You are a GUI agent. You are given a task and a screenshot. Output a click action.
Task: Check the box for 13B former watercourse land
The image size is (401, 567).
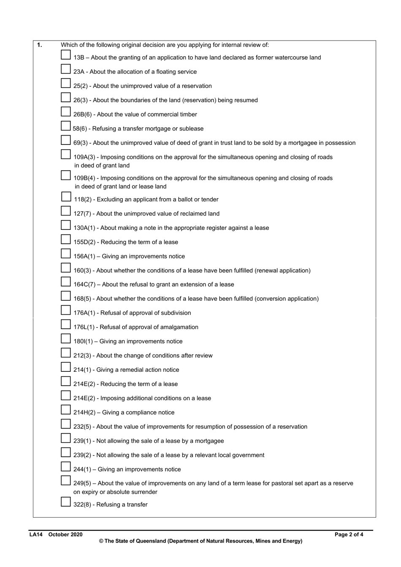pyautogui.click(x=65, y=55)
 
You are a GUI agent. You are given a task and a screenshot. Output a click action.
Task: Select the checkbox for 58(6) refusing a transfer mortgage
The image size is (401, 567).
pyautogui.click(x=65, y=126)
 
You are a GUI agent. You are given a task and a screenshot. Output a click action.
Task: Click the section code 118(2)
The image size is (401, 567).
pyautogui.click(x=83, y=199)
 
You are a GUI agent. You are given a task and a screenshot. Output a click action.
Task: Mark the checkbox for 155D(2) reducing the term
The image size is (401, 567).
pyautogui.click(x=65, y=240)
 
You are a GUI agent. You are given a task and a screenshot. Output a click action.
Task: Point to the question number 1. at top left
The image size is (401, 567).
pyautogui.click(x=39, y=45)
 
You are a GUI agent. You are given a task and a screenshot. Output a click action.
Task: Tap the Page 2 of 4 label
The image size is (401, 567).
pyautogui.click(x=349, y=534)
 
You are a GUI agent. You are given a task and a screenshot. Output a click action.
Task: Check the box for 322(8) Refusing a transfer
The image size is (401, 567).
pyautogui.click(x=65, y=502)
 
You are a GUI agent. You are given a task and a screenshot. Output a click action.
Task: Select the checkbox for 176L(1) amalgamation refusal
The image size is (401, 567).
pyautogui.click(x=65, y=324)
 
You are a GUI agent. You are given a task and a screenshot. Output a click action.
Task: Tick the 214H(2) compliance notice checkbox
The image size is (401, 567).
pyautogui.click(x=65, y=410)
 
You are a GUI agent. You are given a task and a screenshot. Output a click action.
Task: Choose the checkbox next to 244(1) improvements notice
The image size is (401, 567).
pyautogui.click(x=65, y=467)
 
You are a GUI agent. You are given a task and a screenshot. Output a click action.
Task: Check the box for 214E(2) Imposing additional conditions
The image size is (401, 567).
pyautogui.click(x=65, y=395)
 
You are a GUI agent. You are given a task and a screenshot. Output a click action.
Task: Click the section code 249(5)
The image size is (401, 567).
pyautogui.click(x=82, y=483)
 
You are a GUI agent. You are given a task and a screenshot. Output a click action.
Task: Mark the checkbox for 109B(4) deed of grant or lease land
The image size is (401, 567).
pyautogui.click(x=65, y=175)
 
